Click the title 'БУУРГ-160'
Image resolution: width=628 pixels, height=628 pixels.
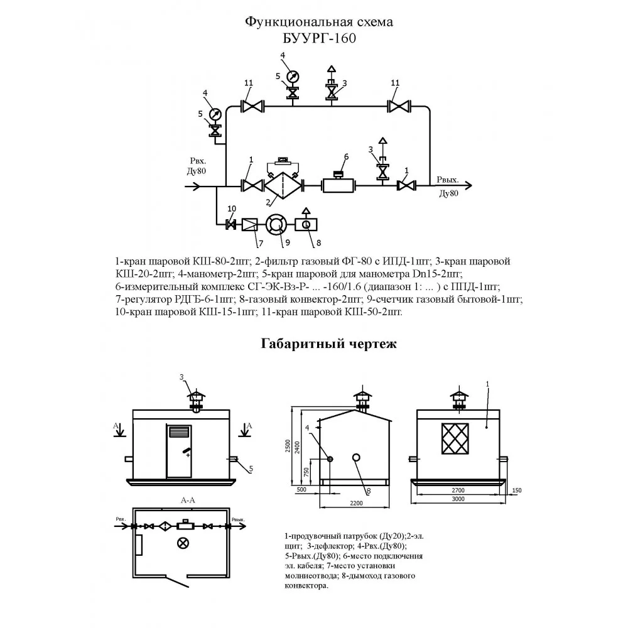pyautogui.click(x=319, y=38)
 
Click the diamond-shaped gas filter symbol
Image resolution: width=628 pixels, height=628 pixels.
pyautogui.click(x=283, y=185)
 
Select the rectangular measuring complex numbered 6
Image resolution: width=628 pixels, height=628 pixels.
pyautogui.click(x=339, y=185)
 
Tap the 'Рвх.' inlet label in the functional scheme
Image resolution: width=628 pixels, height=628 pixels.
pyautogui.click(x=198, y=161)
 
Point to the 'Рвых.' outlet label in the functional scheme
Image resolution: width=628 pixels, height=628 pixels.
pyautogui.click(x=447, y=180)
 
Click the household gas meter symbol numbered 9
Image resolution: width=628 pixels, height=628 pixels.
pyautogui.click(x=276, y=225)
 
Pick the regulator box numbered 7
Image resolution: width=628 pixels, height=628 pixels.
pyautogui.click(x=249, y=225)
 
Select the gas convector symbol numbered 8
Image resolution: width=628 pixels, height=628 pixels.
pyautogui.click(x=306, y=225)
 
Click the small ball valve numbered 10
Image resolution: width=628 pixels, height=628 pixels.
pyautogui.click(x=231, y=225)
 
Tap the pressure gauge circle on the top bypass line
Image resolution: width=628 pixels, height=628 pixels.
pyautogui.click(x=293, y=76)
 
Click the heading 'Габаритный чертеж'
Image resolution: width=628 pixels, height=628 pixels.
pyautogui.click(x=328, y=344)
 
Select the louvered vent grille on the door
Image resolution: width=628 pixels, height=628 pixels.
pyautogui.click(x=179, y=433)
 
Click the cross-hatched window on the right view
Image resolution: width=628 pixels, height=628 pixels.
pyautogui.click(x=455, y=438)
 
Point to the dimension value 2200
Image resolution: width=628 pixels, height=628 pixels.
pyautogui.click(x=356, y=504)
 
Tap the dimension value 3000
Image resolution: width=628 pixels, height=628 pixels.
pyautogui.click(x=458, y=499)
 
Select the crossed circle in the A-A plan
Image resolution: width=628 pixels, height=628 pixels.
pyautogui.click(x=183, y=543)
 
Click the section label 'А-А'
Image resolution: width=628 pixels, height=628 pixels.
pyautogui.click(x=188, y=501)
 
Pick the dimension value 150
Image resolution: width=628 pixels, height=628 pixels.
pyautogui.click(x=517, y=490)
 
